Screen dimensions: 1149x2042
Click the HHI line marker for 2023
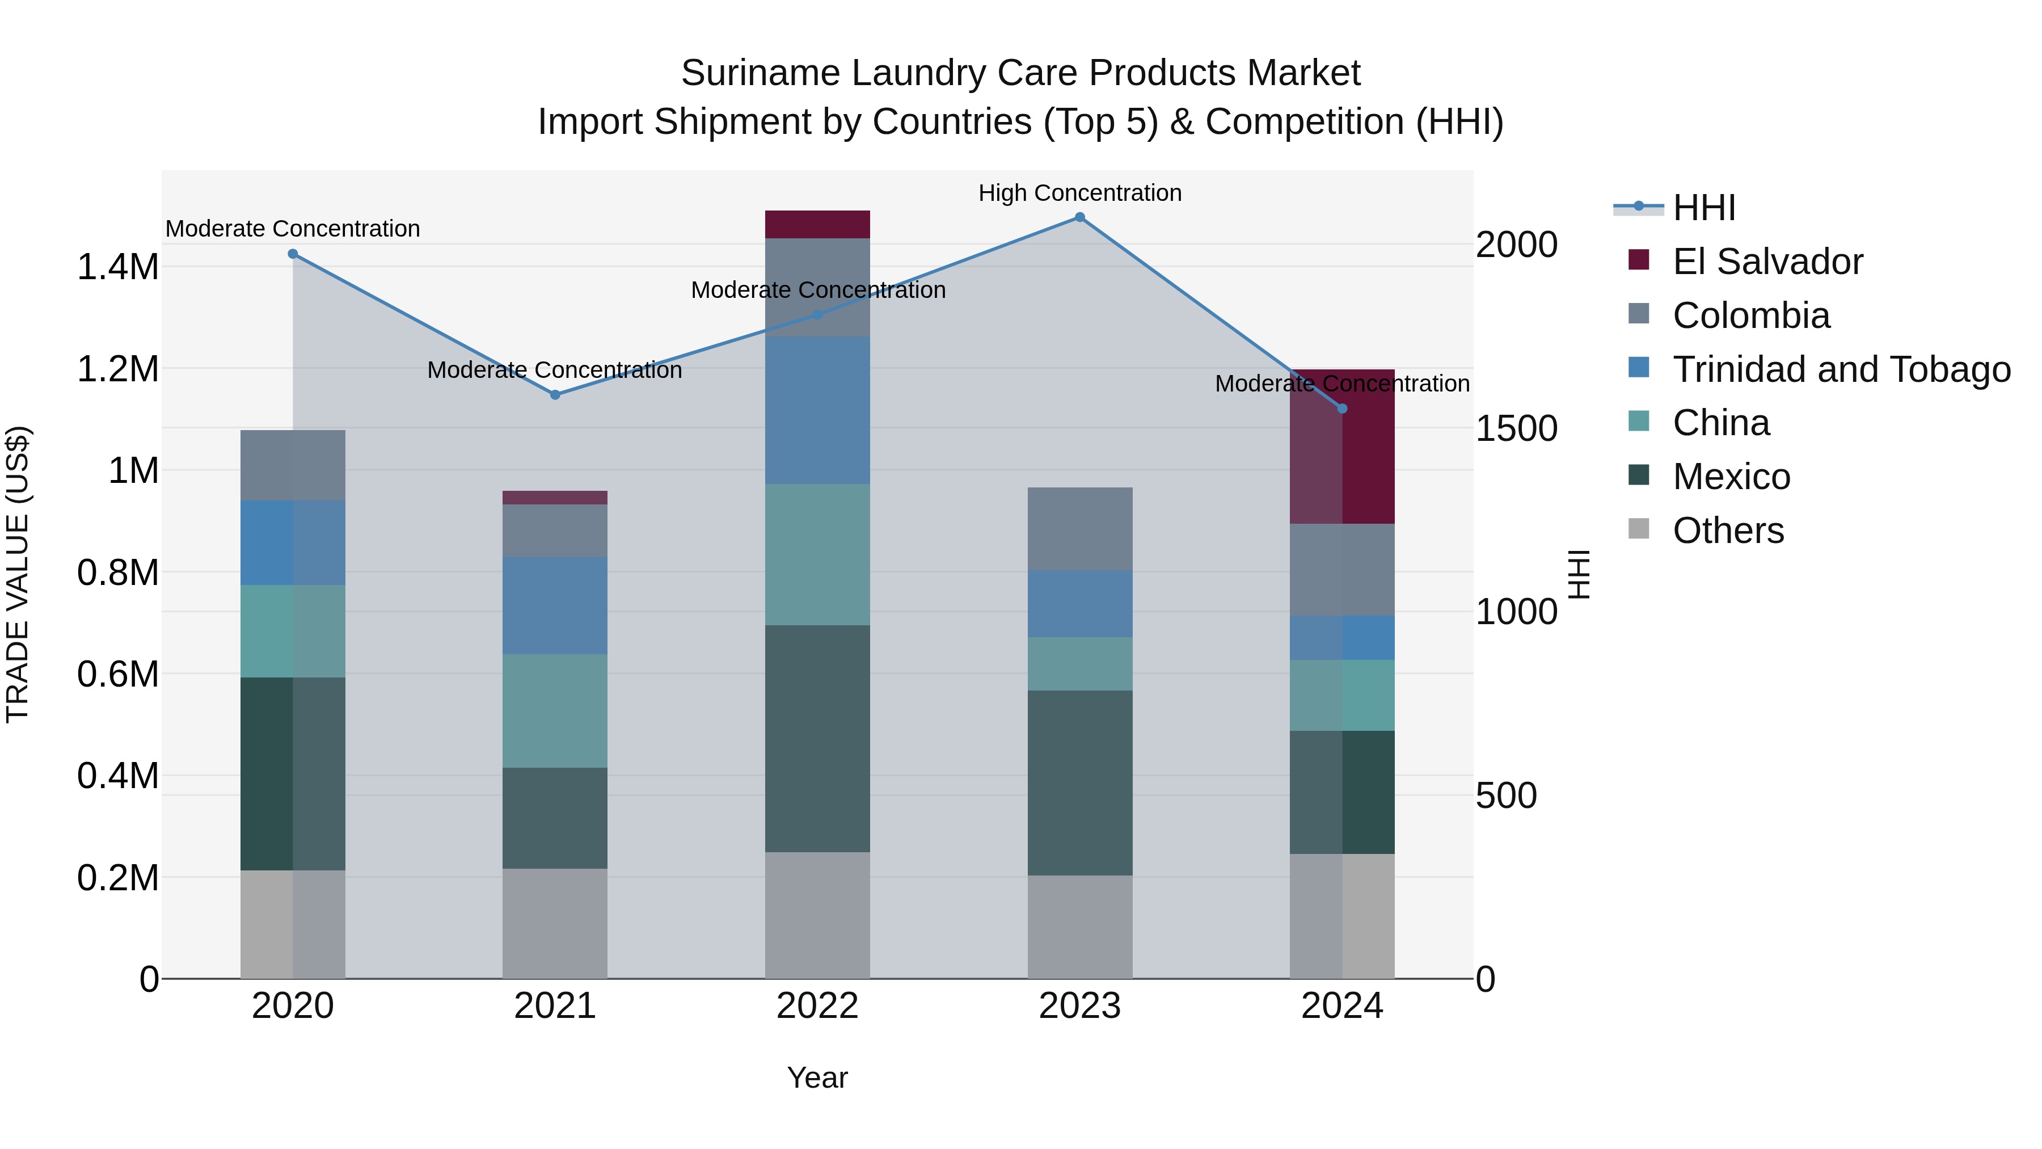tap(1079, 217)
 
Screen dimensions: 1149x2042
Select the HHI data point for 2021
tap(555, 395)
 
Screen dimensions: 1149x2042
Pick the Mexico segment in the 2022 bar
tap(817, 738)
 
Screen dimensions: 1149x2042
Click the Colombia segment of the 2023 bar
tap(1079, 529)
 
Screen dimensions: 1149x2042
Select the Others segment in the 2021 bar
tap(555, 923)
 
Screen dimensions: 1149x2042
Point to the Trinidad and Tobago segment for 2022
tap(817, 410)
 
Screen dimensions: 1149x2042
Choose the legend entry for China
tap(1720, 423)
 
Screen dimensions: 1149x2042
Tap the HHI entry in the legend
tap(1705, 208)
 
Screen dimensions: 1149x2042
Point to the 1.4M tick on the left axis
tap(117, 267)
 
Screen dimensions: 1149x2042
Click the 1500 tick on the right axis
tap(1516, 428)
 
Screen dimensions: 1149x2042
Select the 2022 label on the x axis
tap(817, 1006)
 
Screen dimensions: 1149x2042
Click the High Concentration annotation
tap(1079, 193)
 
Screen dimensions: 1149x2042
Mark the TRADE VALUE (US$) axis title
tap(18, 574)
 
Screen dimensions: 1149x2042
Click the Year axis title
tap(817, 1078)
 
